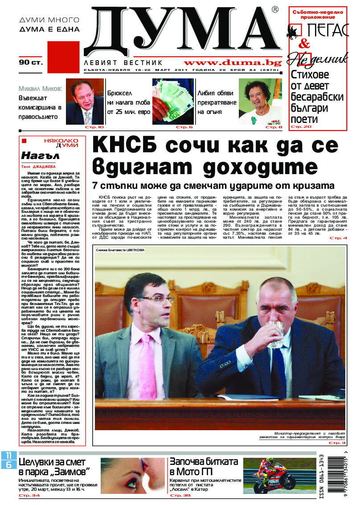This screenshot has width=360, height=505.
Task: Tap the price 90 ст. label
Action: pos(31,62)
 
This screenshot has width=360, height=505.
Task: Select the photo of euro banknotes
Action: pos(173,101)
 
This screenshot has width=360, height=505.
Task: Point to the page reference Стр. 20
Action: pos(301,127)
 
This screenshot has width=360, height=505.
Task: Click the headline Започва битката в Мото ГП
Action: pos(203,467)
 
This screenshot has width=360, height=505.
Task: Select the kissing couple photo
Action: pos(127,476)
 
